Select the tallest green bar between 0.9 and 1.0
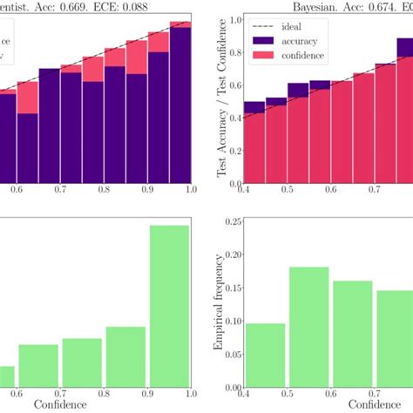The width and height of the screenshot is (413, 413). [169, 305]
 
